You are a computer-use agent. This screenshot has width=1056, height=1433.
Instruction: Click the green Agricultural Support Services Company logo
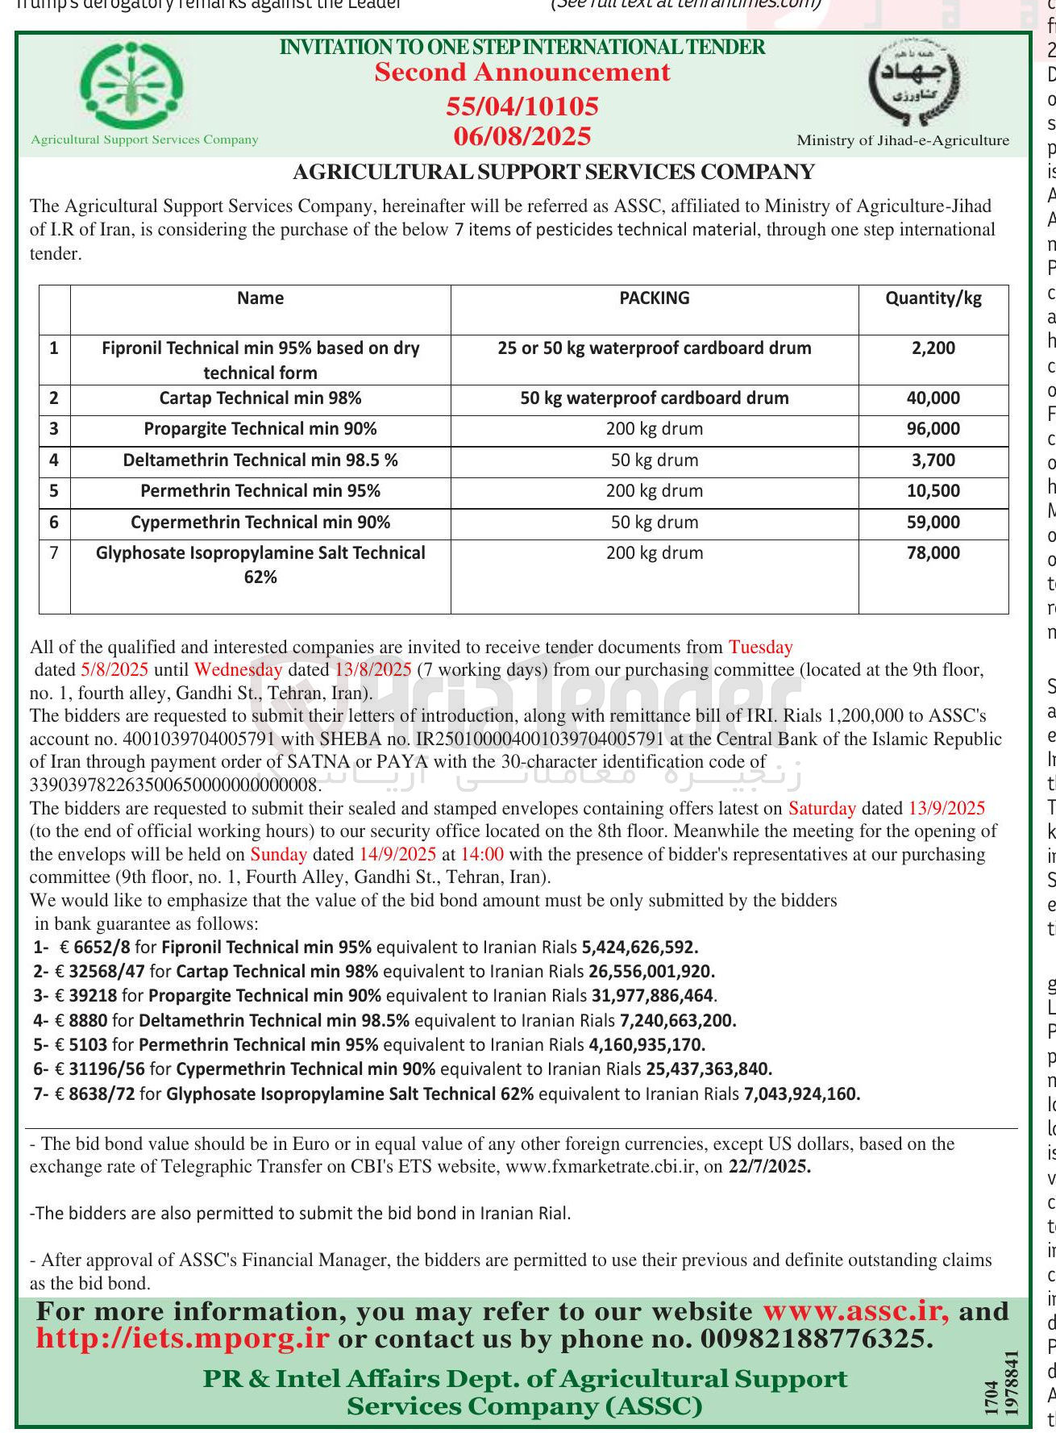(135, 85)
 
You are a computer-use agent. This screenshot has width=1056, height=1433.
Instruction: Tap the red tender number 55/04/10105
(522, 106)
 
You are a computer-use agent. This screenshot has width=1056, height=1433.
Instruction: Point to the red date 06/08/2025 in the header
(522, 136)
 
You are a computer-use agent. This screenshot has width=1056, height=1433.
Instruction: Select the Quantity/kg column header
(933, 298)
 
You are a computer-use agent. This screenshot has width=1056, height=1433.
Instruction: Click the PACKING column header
(654, 298)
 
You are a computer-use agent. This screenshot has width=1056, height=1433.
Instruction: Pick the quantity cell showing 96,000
(933, 429)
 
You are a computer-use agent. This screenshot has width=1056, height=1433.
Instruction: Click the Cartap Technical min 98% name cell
(260, 398)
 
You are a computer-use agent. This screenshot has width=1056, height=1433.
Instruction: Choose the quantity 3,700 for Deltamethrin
(933, 460)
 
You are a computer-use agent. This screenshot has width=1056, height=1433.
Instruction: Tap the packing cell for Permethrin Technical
(654, 491)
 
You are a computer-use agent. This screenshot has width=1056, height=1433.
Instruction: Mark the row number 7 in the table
(54, 553)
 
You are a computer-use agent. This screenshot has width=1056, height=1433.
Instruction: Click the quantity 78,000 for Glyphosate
(933, 553)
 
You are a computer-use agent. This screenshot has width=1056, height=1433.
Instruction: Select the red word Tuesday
(760, 648)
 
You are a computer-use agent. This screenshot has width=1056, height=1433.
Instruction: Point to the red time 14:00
(483, 855)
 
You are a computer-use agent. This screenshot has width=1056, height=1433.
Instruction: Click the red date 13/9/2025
(946, 809)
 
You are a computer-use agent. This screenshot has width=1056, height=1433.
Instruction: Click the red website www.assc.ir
(855, 1312)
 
